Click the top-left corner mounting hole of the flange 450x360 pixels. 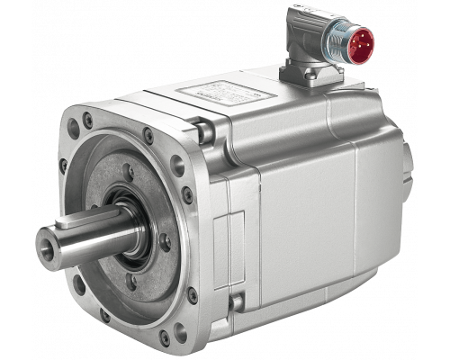point(85,117)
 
